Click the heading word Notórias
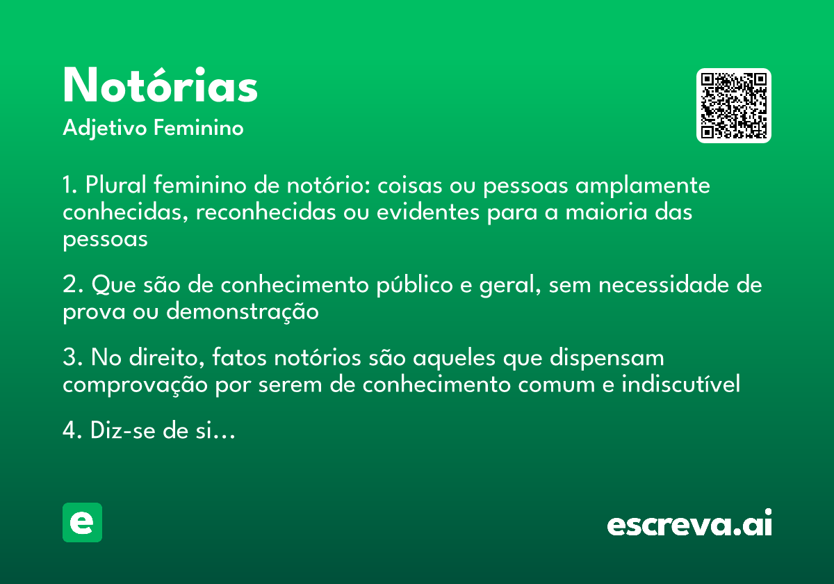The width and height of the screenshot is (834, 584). click(161, 86)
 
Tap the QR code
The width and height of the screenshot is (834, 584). click(734, 106)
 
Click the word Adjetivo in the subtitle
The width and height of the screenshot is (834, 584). click(104, 129)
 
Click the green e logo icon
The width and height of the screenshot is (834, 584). click(82, 522)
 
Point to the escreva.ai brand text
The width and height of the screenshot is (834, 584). click(689, 525)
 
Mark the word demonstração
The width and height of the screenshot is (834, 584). click(242, 312)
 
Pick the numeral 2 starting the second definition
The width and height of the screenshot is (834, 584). click(69, 285)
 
